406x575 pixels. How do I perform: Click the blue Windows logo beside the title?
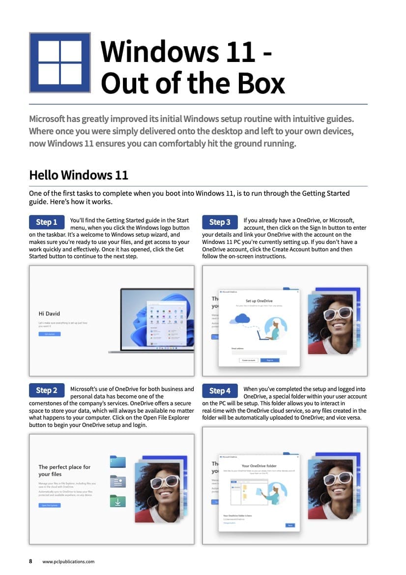(x=60, y=62)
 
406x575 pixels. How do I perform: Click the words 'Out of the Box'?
(x=193, y=83)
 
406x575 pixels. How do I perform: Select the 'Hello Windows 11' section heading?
(x=79, y=175)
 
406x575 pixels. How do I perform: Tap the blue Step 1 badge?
(x=47, y=222)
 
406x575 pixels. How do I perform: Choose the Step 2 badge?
(x=47, y=391)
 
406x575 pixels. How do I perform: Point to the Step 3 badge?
(x=220, y=222)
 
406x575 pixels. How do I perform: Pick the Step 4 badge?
(x=220, y=391)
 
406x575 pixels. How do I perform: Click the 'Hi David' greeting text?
(x=49, y=313)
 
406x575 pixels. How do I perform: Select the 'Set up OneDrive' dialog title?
(x=259, y=301)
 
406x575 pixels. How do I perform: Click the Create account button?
(x=248, y=360)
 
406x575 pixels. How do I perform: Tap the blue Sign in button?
(x=270, y=360)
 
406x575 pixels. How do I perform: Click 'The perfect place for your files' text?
(x=64, y=470)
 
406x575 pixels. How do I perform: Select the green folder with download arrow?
(x=118, y=500)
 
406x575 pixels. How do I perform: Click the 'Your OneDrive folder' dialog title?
(x=259, y=465)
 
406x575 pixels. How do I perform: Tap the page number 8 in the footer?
(x=30, y=561)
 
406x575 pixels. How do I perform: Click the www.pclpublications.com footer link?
(x=68, y=561)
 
